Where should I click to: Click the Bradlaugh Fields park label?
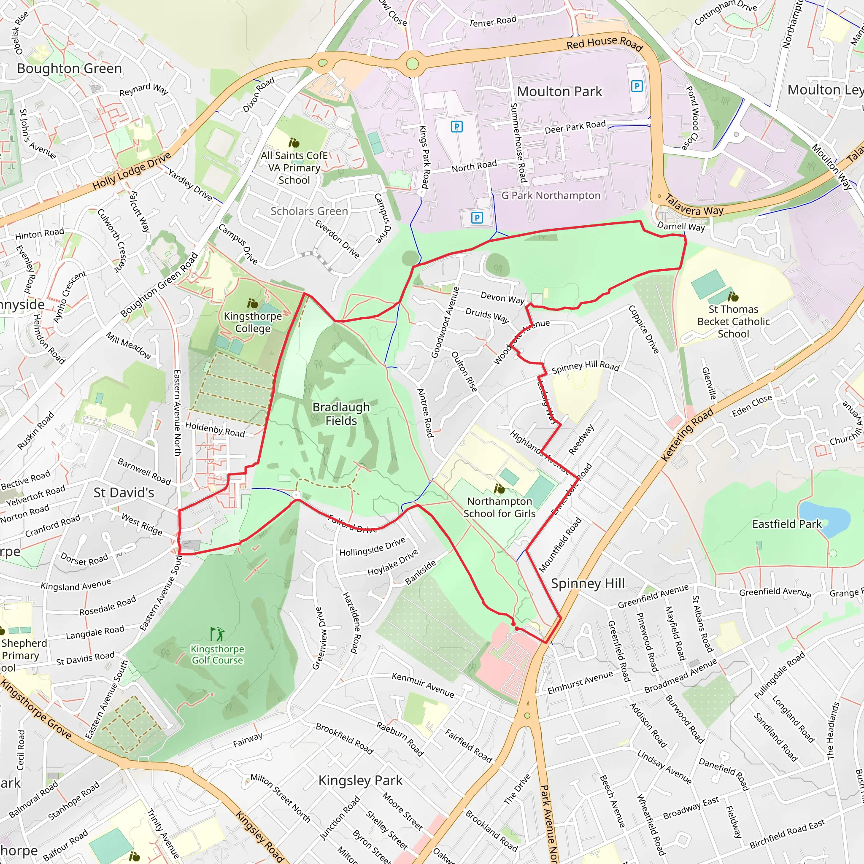(x=341, y=414)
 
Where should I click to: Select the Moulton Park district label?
(x=559, y=92)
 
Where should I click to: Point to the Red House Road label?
(x=604, y=43)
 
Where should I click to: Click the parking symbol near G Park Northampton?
(x=477, y=218)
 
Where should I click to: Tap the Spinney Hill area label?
(x=587, y=583)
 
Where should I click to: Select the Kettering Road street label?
(x=687, y=434)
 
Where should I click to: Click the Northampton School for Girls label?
(x=499, y=507)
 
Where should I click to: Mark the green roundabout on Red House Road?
(x=412, y=64)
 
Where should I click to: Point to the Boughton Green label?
(x=69, y=68)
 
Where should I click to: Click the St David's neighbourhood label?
(x=124, y=492)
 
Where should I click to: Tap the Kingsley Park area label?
(x=360, y=780)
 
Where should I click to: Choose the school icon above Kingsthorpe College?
(x=253, y=304)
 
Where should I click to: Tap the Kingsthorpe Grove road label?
(x=36, y=709)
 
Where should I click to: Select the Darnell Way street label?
(x=680, y=226)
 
